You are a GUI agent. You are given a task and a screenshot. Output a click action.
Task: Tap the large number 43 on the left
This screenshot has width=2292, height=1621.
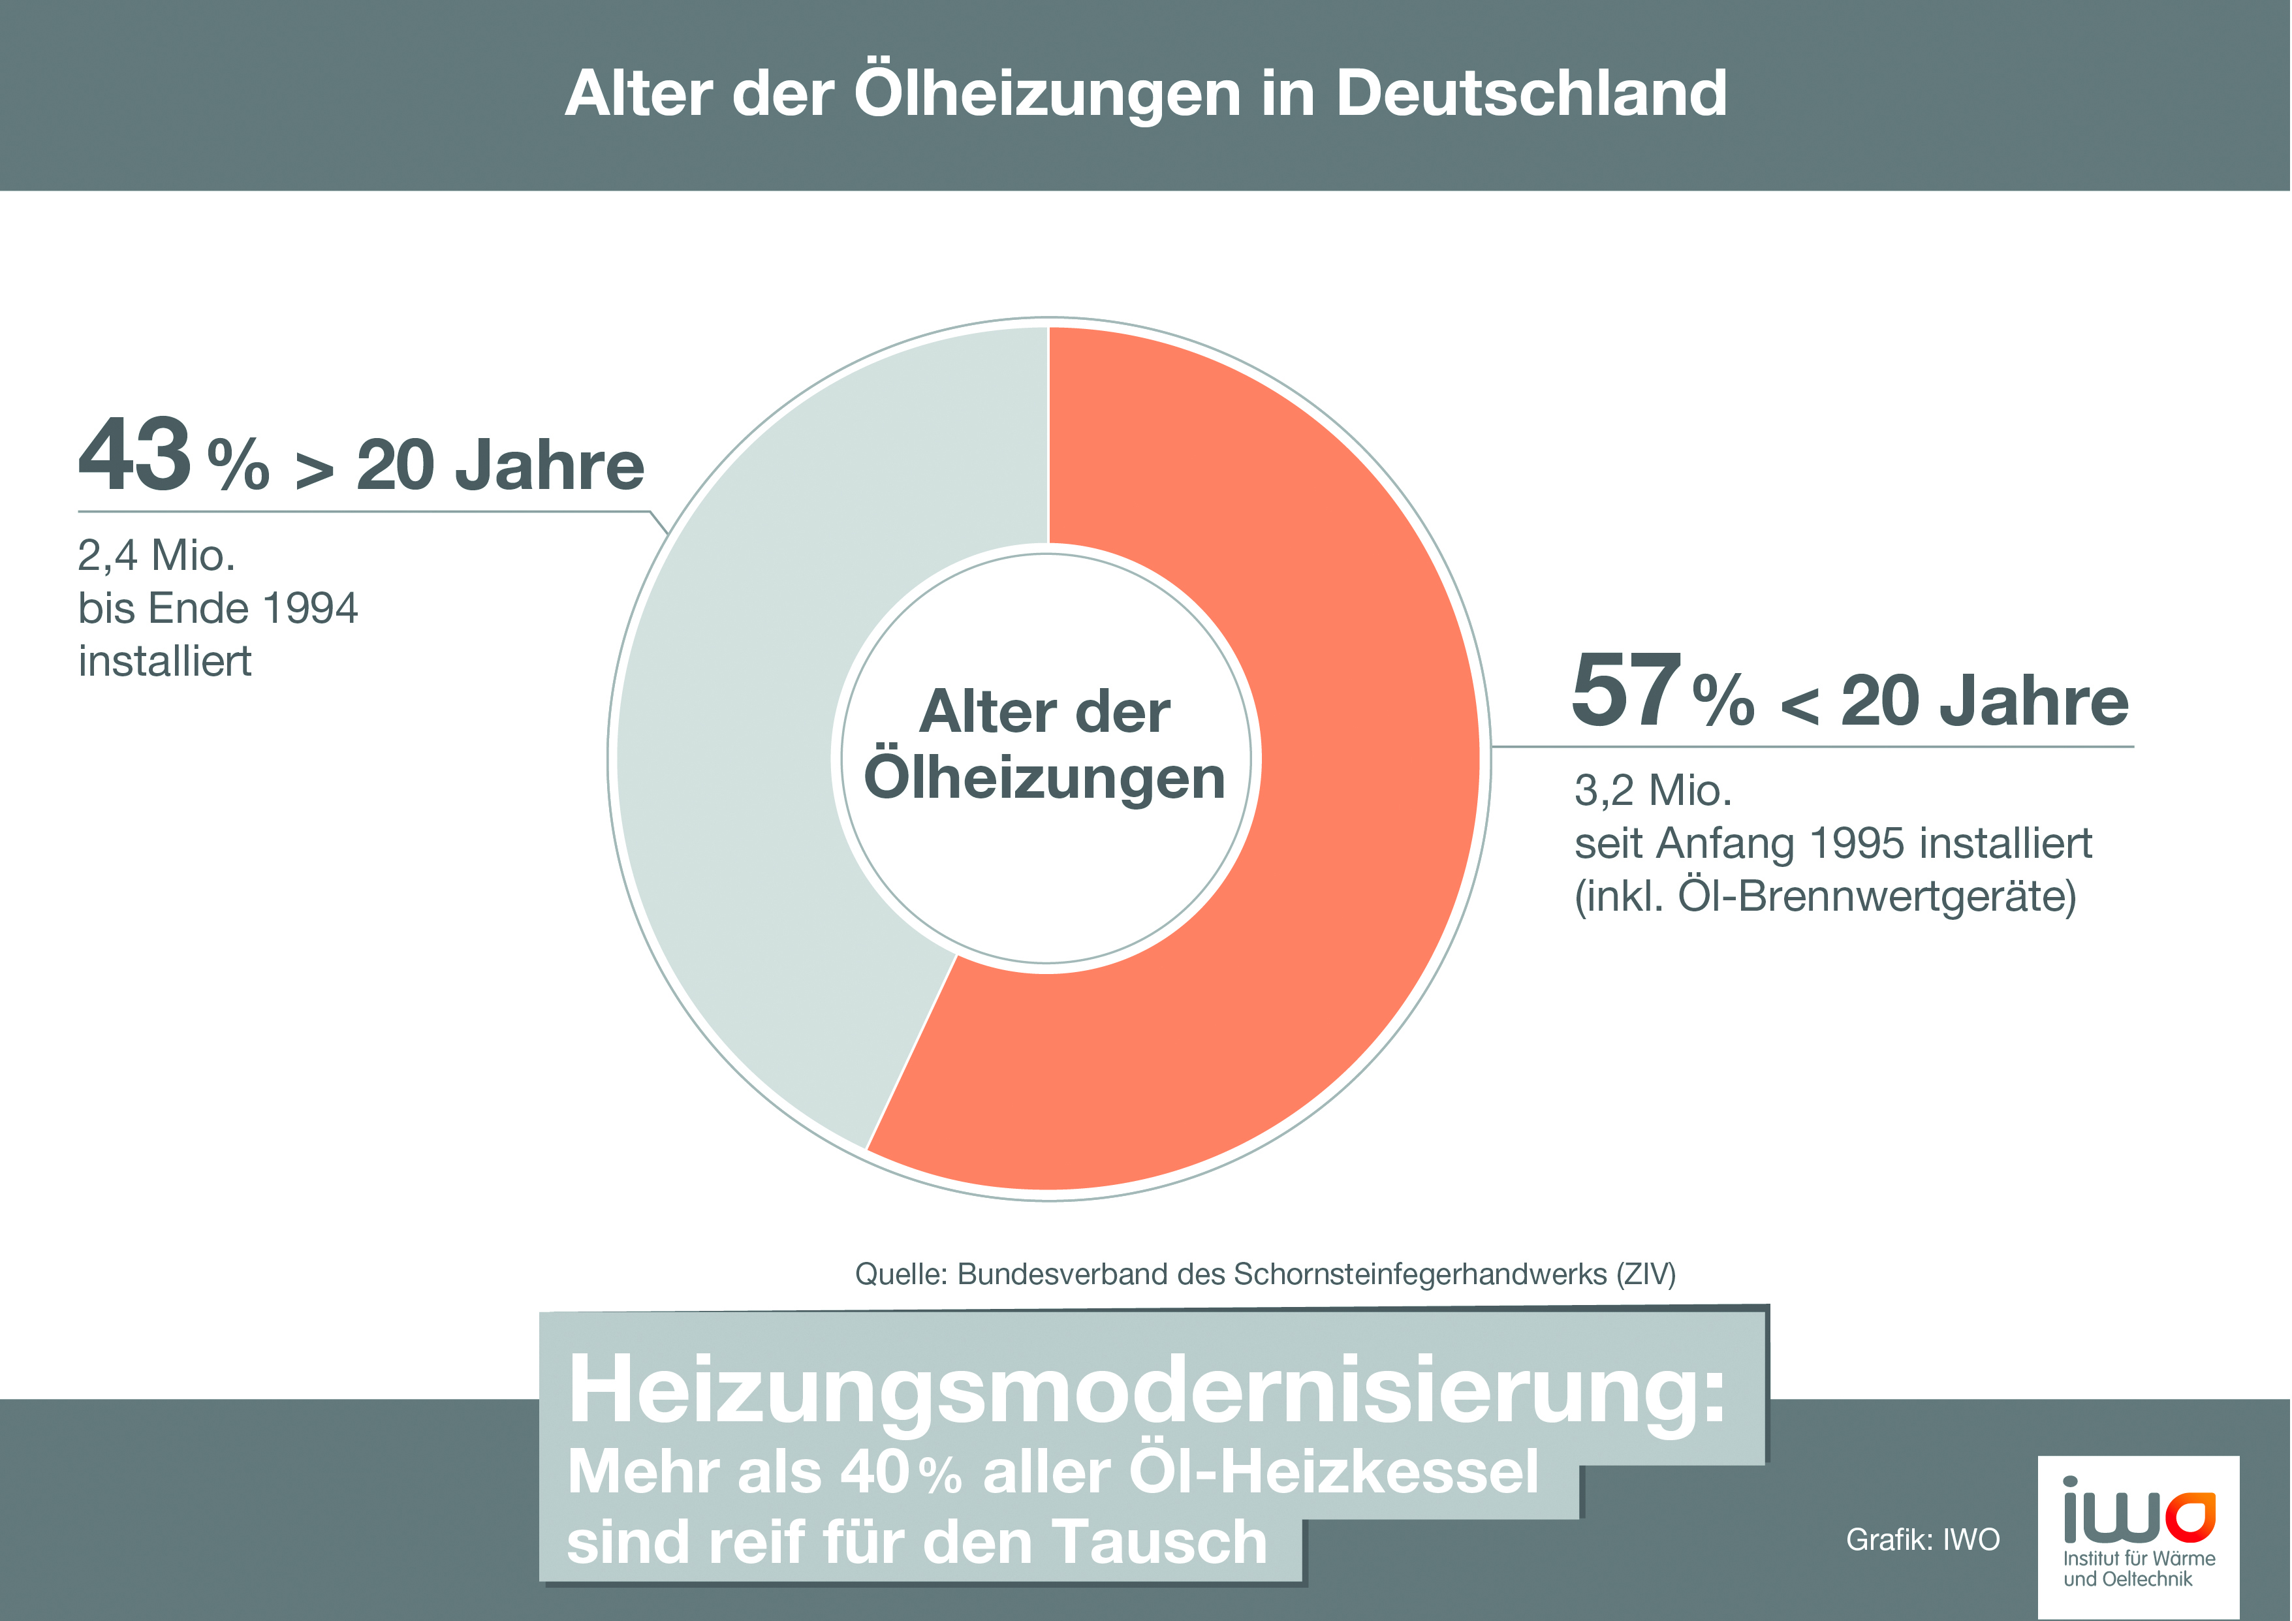[134, 455]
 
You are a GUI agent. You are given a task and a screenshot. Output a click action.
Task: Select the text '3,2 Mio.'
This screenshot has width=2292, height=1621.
[1653, 791]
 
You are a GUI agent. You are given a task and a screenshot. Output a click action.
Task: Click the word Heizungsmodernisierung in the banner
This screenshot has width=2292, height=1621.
[1146, 1391]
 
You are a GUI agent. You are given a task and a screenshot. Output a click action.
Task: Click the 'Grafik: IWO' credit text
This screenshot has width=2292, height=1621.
[1922, 1539]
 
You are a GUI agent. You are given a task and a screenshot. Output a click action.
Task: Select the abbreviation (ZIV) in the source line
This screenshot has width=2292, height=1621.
[1645, 1274]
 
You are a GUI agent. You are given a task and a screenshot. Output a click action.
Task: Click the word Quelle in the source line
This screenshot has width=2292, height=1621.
[900, 1274]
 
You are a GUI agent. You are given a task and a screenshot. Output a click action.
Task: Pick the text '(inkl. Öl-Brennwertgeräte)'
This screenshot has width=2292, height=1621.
[1825, 896]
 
